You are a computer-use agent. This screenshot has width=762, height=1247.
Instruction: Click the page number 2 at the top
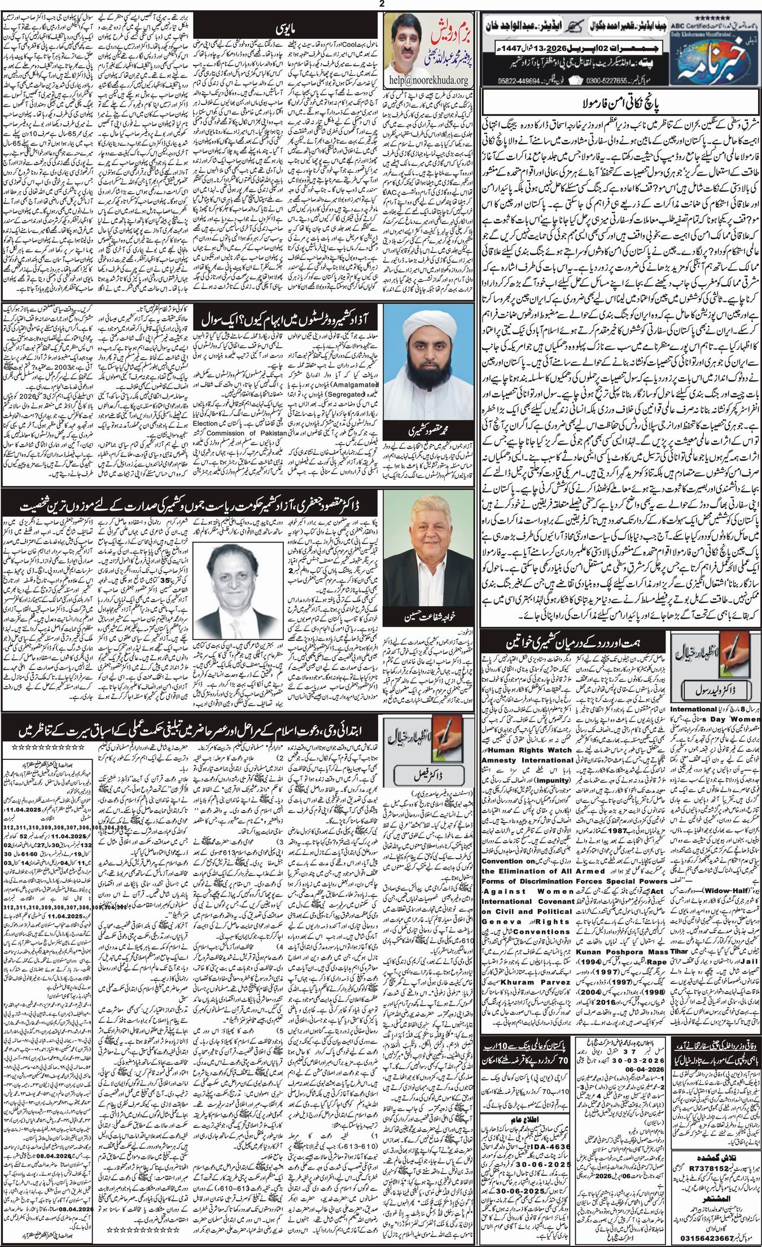(x=382, y=4)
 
